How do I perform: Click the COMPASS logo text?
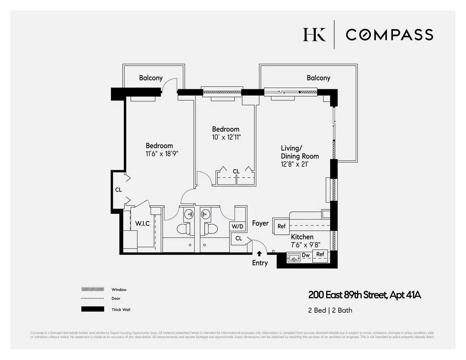389,35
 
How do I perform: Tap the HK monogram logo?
314,35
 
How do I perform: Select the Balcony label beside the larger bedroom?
151,78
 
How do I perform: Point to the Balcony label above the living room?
318,78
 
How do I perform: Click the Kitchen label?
302,237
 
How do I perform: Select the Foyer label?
260,223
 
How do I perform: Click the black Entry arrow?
259,253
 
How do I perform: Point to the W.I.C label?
142,223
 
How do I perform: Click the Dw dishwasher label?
306,255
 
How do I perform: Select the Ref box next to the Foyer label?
282,226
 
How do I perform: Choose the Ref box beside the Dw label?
320,254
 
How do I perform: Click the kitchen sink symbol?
294,257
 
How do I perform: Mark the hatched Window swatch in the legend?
92,289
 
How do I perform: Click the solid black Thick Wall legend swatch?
92,309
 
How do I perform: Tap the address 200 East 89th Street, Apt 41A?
364,295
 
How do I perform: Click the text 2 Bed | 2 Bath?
330,310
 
